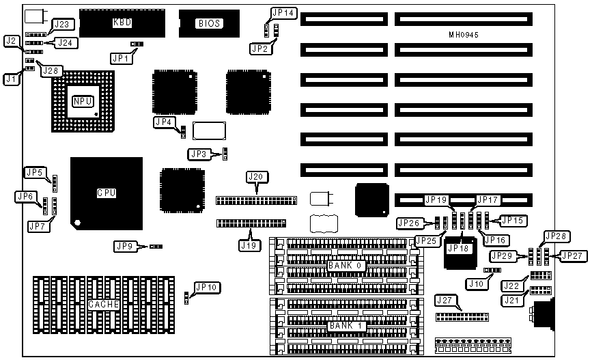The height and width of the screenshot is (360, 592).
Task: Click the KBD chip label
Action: coord(122,23)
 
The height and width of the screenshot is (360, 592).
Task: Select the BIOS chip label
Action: coord(209,23)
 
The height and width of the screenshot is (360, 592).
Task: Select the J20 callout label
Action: coord(255,177)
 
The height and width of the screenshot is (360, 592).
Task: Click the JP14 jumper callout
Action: coord(283,12)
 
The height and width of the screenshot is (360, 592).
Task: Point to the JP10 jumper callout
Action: coord(206,288)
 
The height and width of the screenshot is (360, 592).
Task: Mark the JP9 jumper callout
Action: coord(125,246)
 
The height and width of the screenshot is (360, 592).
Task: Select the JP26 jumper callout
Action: coord(410,223)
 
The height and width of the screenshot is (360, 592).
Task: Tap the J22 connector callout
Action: coord(511,285)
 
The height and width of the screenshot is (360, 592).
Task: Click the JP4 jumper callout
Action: coord(164,122)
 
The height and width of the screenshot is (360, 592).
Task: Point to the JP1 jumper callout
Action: coord(120,58)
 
